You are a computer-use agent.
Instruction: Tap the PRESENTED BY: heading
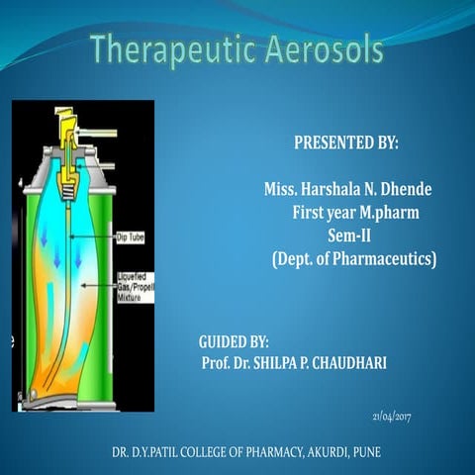[346, 142]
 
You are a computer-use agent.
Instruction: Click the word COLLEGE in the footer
[212, 453]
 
